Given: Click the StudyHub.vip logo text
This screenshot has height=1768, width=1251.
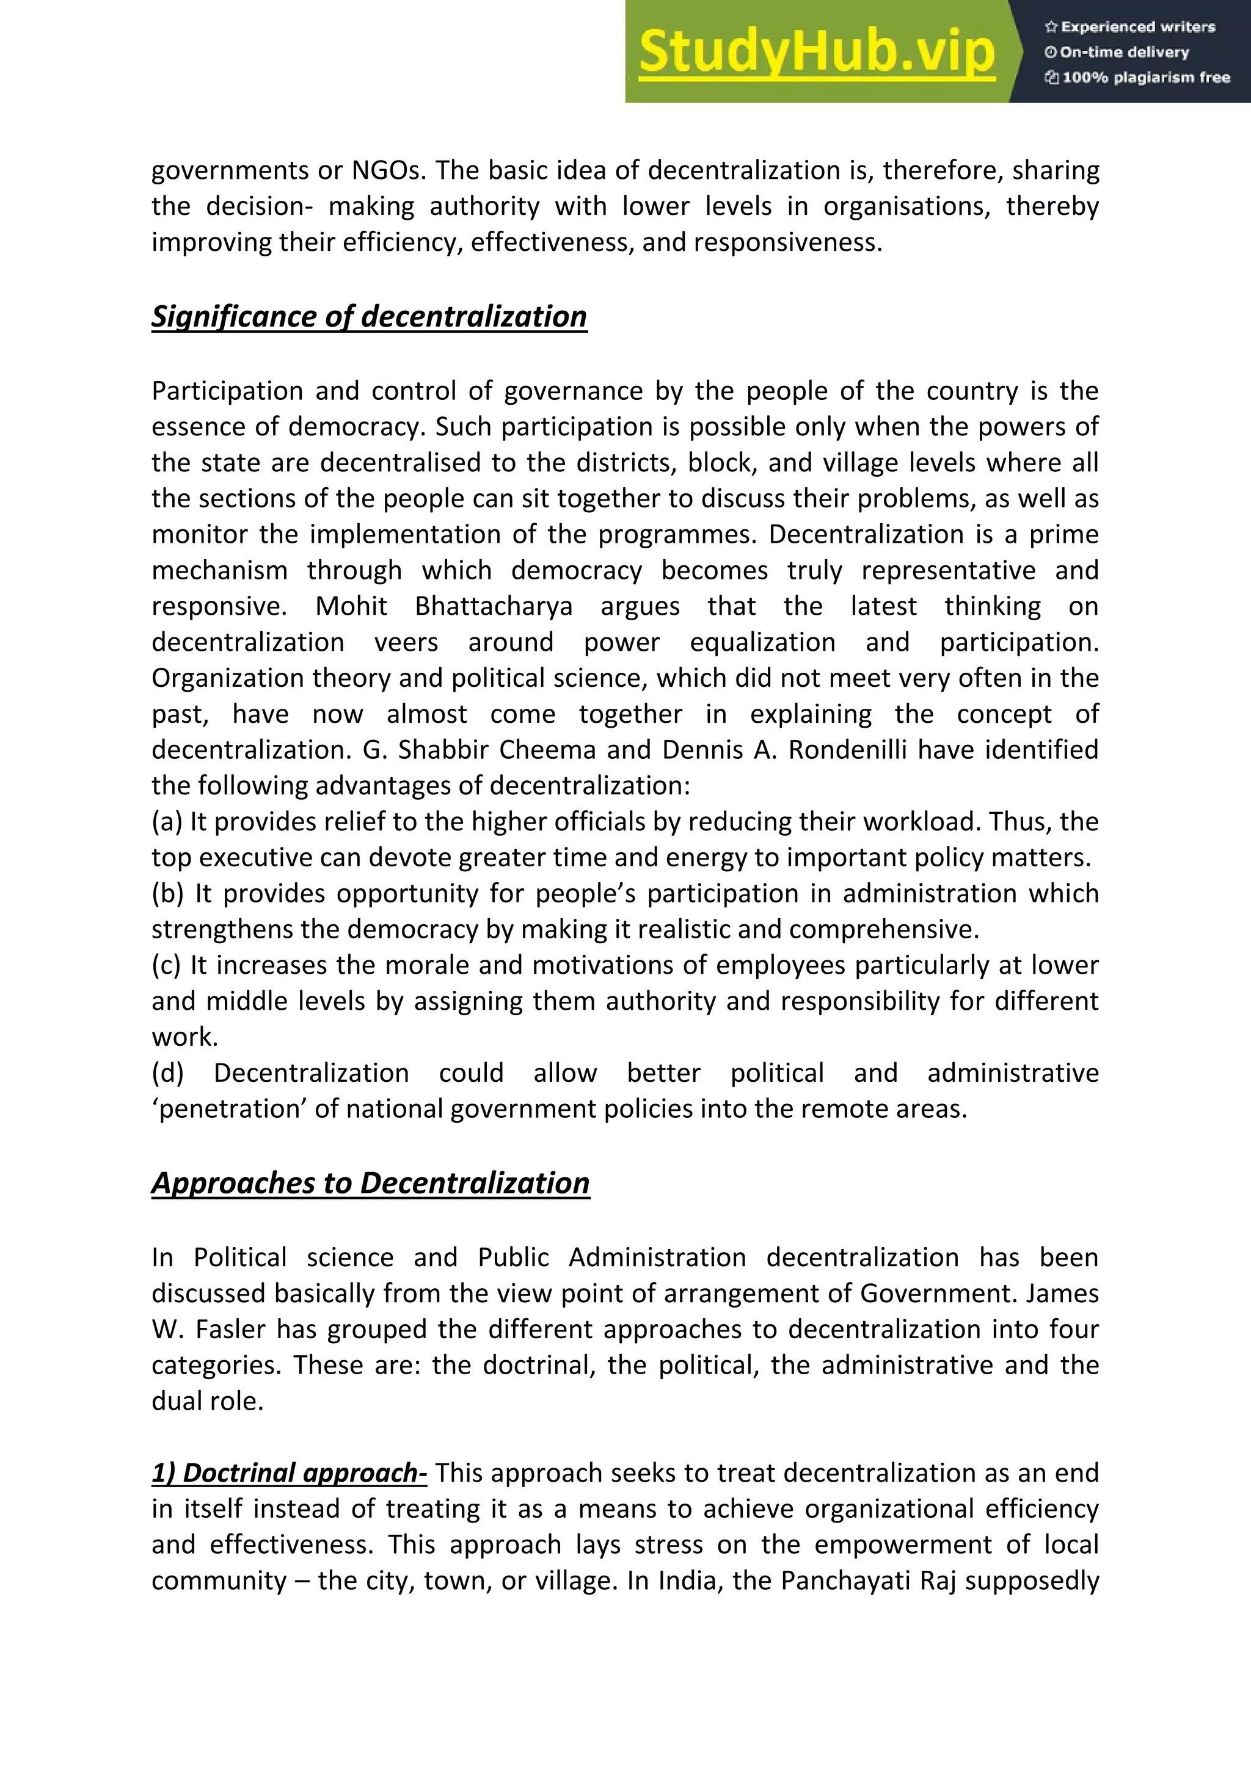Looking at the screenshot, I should (x=817, y=52).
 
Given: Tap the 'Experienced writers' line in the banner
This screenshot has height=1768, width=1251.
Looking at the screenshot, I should (x=1130, y=27).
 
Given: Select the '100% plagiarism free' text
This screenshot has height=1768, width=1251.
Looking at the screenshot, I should (x=1138, y=77).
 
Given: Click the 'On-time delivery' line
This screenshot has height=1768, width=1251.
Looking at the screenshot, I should (x=1117, y=53).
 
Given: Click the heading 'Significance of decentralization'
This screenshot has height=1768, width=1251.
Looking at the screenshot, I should (x=369, y=316).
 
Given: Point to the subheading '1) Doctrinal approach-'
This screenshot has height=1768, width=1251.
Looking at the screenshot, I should (x=289, y=1473).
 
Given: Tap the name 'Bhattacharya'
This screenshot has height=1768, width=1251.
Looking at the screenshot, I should (x=493, y=606).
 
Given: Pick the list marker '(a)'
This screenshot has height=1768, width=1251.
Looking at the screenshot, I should (x=166, y=822).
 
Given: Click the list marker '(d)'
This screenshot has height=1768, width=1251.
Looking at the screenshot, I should (x=167, y=1073).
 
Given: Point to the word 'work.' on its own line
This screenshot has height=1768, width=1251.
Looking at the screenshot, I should (x=185, y=1037).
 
